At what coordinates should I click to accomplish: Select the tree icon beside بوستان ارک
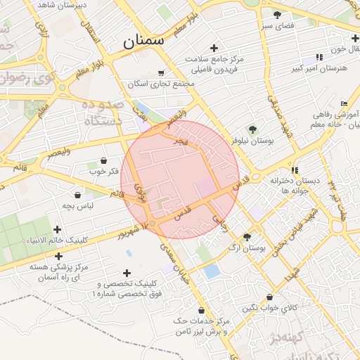pyautogui.click(x=247, y=237)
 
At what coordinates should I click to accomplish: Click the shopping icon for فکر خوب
pyautogui.click(x=104, y=160)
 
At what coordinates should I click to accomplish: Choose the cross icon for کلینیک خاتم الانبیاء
pyautogui.click(x=58, y=229)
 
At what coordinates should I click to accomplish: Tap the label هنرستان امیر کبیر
pyautogui.click(x=318, y=69)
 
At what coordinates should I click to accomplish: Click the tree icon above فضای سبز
pyautogui.click(x=277, y=14)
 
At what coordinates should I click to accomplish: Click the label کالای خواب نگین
pyautogui.click(x=270, y=308)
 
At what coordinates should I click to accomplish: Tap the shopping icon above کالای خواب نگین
pyautogui.click(x=270, y=297)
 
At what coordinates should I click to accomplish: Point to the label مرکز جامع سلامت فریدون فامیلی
pyautogui.click(x=214, y=65)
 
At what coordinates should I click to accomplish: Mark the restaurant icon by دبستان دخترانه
pyautogui.click(x=295, y=169)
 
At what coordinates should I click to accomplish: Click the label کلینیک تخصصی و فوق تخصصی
pyautogui.click(x=127, y=287)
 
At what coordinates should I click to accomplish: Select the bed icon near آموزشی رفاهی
pyautogui.click(x=343, y=103)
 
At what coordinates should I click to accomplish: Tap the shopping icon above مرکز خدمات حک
pyautogui.click(x=202, y=310)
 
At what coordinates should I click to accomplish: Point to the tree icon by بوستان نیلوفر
pyautogui.click(x=252, y=129)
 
